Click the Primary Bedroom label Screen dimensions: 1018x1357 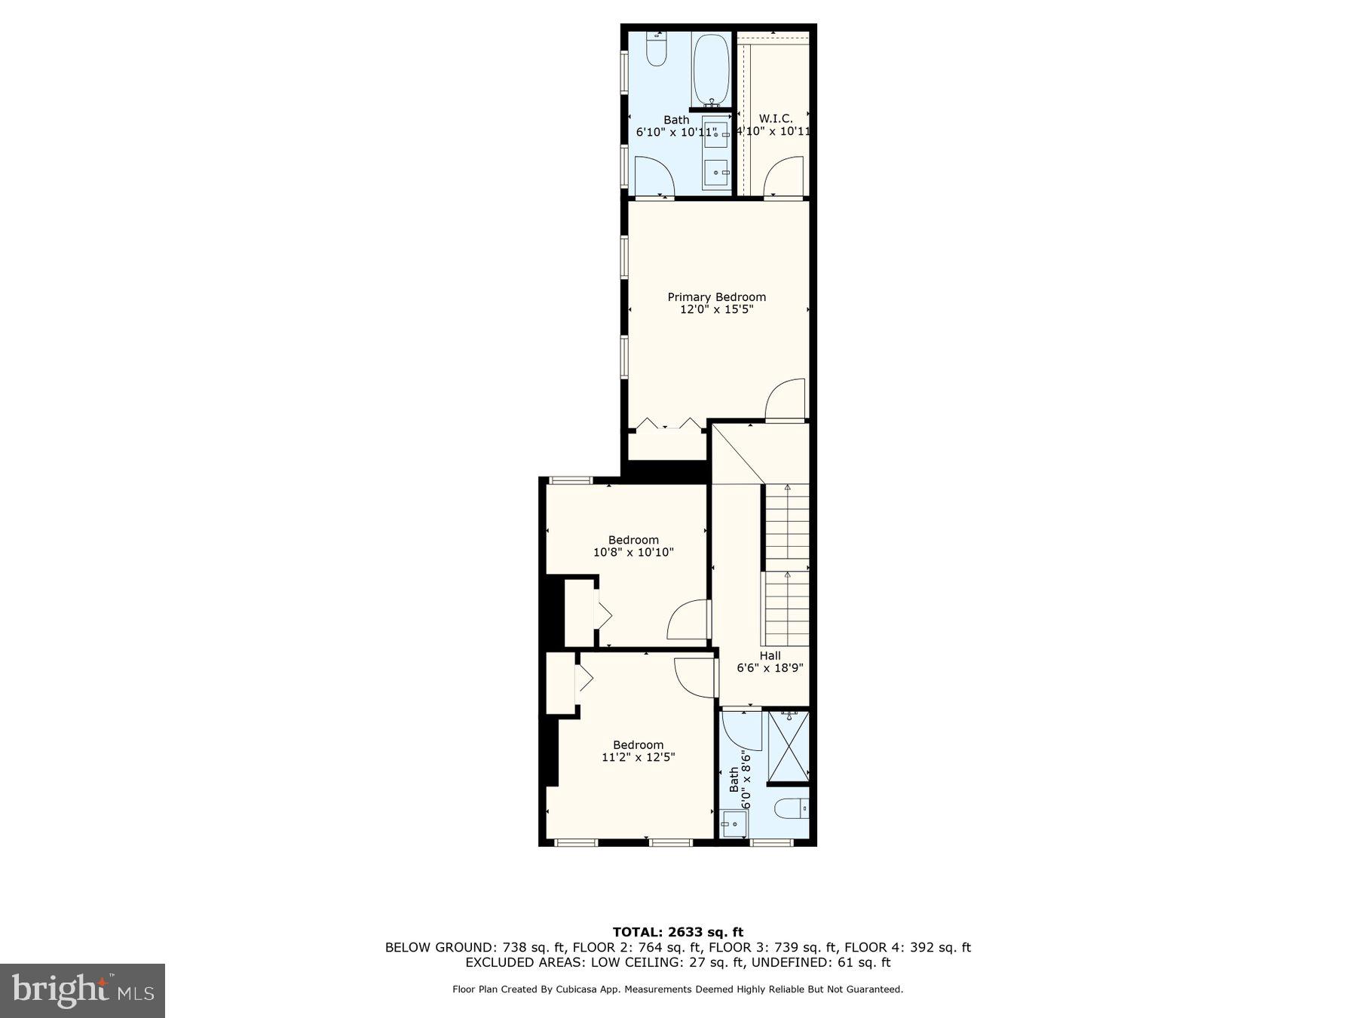pyautogui.click(x=716, y=297)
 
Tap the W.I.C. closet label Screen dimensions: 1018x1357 pyautogui.click(x=775, y=119)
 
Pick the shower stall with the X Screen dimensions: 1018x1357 pyautogui.click(x=788, y=747)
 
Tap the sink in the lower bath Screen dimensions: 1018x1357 pyautogui.click(x=733, y=823)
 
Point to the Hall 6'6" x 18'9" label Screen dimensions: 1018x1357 pyautogui.click(x=770, y=661)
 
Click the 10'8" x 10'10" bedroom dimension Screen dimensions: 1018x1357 pyautogui.click(x=633, y=553)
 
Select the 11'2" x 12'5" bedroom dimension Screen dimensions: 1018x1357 pyautogui.click(x=638, y=757)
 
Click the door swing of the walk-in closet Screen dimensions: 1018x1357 pyautogui.click(x=783, y=178)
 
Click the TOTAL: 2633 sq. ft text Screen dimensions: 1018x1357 pyautogui.click(x=677, y=933)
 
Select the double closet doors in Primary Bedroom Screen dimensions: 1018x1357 pyautogui.click(x=668, y=425)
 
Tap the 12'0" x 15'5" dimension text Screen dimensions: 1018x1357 pyautogui.click(x=716, y=309)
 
